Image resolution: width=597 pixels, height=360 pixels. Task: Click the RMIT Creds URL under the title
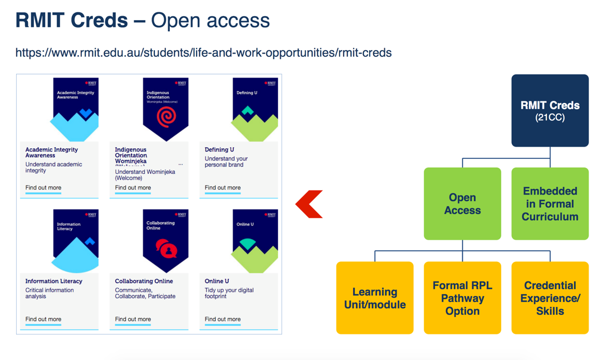(203, 53)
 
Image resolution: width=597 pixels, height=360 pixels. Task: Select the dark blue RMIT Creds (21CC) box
(550, 110)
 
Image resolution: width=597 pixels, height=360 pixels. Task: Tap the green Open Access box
(462, 204)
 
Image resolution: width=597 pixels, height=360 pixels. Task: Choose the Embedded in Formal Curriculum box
(550, 204)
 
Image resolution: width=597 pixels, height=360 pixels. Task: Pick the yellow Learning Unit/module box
(375, 298)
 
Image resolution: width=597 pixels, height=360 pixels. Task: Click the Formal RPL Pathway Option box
(462, 298)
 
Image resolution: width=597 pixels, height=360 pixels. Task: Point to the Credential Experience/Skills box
(550, 298)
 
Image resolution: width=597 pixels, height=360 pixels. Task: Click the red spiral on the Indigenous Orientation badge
(166, 117)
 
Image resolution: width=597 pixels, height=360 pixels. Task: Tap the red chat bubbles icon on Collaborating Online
(166, 249)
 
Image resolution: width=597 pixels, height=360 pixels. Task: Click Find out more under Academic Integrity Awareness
(43, 188)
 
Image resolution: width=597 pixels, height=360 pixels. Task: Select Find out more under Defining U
(223, 188)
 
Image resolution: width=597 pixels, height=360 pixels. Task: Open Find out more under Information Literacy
(43, 319)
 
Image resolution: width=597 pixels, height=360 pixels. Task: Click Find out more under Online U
(223, 319)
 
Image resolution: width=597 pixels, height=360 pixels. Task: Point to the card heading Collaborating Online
(144, 281)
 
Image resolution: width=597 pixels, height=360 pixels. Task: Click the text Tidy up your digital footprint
(229, 293)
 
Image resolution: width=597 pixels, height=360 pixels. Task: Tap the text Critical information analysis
(49, 293)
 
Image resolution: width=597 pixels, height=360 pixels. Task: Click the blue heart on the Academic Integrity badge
(85, 114)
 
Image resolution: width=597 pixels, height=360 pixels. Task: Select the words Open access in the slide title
(210, 21)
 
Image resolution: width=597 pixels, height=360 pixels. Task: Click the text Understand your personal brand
(226, 162)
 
